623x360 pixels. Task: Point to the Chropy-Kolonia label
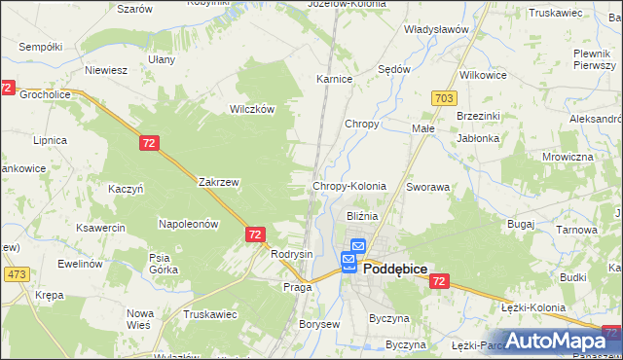(x=349, y=186)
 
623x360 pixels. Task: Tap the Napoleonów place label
(x=188, y=224)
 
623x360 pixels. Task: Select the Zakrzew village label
(x=218, y=182)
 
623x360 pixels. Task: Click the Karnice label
(x=334, y=79)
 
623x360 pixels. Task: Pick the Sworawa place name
(x=427, y=186)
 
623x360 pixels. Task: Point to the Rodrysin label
(x=292, y=254)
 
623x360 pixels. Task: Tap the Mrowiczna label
(x=568, y=157)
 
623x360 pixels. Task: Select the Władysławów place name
(x=436, y=29)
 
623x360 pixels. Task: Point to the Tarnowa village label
(x=576, y=230)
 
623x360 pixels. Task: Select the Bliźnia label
(x=361, y=216)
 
